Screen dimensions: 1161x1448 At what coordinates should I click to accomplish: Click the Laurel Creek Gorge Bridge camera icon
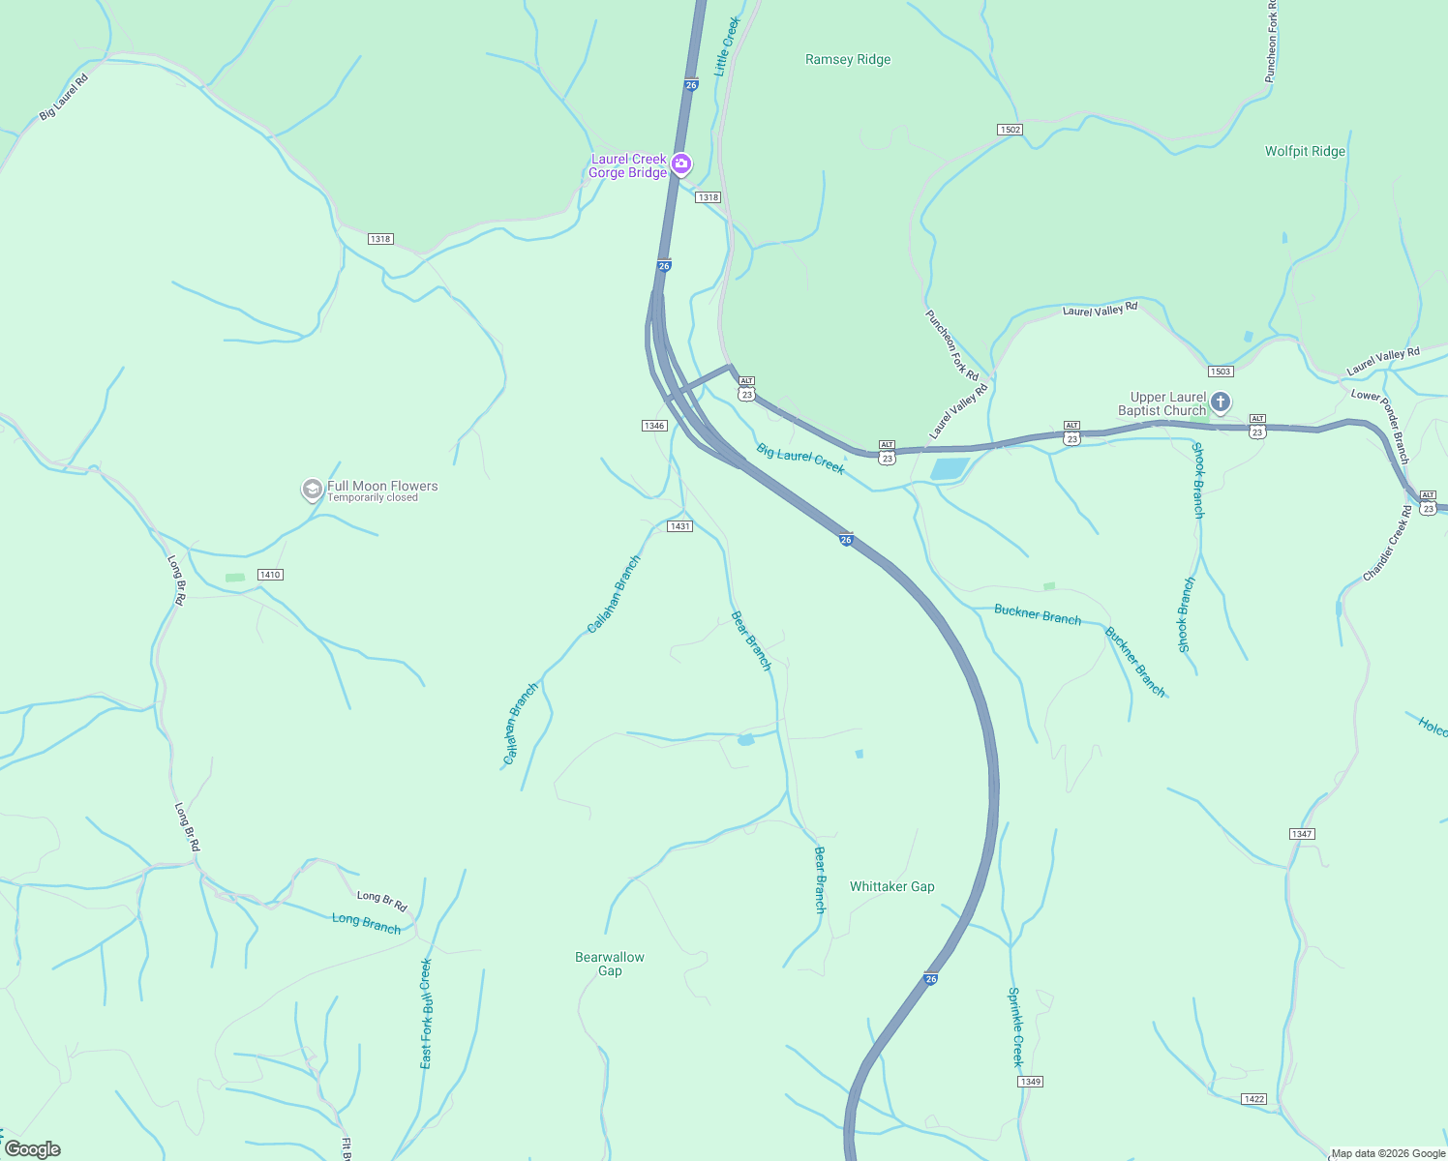tap(681, 164)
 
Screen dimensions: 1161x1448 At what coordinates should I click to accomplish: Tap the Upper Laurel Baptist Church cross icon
tap(1221, 402)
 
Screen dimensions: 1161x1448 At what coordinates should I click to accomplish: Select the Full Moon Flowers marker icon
tap(312, 490)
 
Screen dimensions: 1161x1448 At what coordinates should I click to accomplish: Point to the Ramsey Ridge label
tap(848, 60)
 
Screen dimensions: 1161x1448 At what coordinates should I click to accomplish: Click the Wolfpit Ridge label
tap(1305, 152)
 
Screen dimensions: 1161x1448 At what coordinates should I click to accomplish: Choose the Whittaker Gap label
tap(892, 886)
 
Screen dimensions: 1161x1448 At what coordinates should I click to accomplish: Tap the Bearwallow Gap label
tap(610, 964)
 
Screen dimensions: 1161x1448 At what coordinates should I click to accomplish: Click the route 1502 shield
tap(1010, 130)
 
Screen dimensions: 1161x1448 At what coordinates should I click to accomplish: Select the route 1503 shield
tap(1221, 372)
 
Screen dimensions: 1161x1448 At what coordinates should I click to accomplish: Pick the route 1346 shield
tap(654, 426)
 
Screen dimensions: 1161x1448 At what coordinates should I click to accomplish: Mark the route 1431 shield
tap(679, 526)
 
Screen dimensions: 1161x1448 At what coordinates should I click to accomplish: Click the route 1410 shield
tap(270, 575)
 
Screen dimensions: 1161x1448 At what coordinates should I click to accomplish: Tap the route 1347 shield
tap(1302, 834)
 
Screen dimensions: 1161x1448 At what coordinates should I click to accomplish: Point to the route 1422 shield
tap(1253, 1099)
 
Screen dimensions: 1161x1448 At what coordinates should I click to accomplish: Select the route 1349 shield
tap(1030, 1082)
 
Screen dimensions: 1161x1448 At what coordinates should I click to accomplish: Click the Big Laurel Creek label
tap(800, 459)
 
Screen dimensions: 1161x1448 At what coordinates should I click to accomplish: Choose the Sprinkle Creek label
tap(1015, 1027)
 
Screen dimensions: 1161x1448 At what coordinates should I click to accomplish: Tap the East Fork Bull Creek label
tap(426, 1013)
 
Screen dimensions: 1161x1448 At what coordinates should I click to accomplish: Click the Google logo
tap(33, 1149)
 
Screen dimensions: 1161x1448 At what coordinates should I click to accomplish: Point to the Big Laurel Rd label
tap(64, 98)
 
